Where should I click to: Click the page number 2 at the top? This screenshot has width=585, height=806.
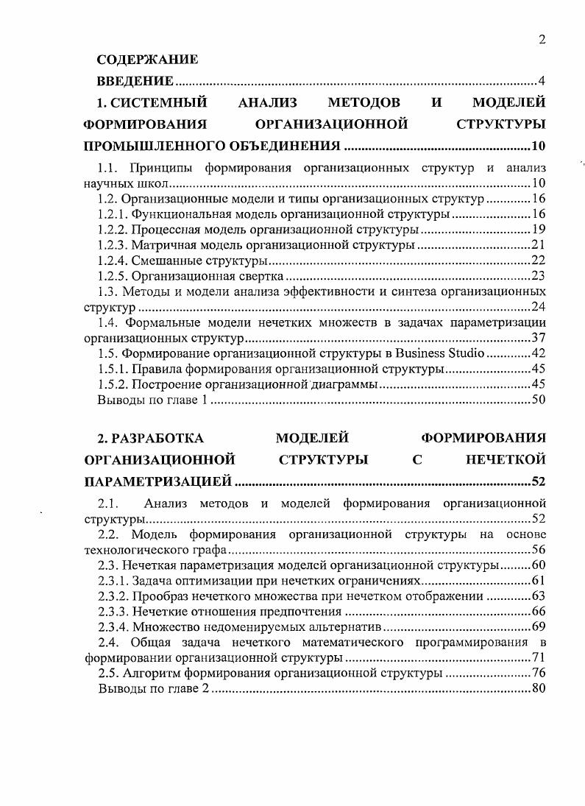point(542,40)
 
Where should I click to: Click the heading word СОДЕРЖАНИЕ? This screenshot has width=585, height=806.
point(148,60)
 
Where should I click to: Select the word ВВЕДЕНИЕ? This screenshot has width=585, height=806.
point(136,81)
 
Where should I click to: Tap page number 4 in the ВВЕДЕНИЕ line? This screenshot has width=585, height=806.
point(542,81)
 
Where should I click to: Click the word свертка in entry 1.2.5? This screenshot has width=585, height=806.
point(257,277)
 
